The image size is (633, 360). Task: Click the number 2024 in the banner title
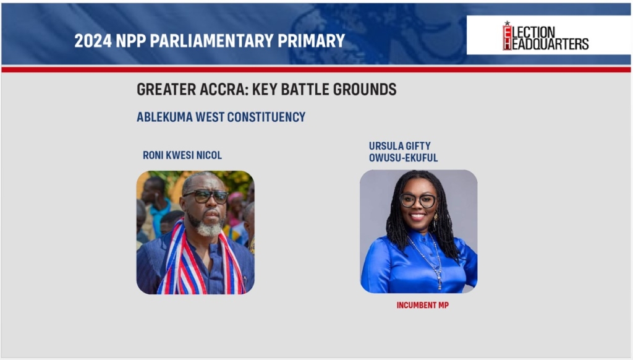pyautogui.click(x=93, y=41)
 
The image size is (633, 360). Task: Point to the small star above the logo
pyautogui.click(x=507, y=24)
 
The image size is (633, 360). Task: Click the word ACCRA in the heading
pyautogui.click(x=224, y=89)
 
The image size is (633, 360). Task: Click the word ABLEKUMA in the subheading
pyautogui.click(x=164, y=117)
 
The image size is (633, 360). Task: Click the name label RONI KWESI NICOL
pyautogui.click(x=182, y=155)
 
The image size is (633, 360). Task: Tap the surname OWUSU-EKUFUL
pyautogui.click(x=403, y=158)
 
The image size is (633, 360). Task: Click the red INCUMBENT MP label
pyautogui.click(x=423, y=306)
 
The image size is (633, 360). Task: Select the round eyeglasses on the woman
pyautogui.click(x=418, y=200)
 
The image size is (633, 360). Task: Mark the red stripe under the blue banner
pyautogui.click(x=316, y=70)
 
